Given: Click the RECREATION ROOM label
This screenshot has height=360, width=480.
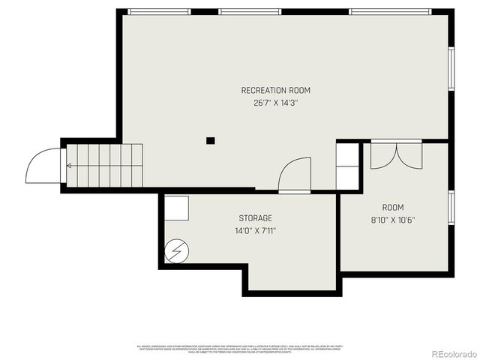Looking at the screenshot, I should pyautogui.click(x=275, y=91).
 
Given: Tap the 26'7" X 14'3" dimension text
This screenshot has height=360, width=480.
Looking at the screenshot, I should pyautogui.click(x=275, y=103).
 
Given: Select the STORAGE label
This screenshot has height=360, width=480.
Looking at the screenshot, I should pyautogui.click(x=255, y=218).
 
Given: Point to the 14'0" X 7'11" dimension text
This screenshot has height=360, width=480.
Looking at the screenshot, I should pyautogui.click(x=255, y=231).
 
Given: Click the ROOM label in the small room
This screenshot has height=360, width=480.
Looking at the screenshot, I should pyautogui.click(x=392, y=208).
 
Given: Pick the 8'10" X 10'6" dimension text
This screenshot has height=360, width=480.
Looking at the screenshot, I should pyautogui.click(x=392, y=220).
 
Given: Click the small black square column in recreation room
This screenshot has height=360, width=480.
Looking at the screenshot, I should pyautogui.click(x=211, y=140).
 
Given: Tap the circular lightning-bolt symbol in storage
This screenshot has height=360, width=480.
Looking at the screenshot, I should pyautogui.click(x=176, y=250).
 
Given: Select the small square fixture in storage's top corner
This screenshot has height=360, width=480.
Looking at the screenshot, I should pyautogui.click(x=177, y=207).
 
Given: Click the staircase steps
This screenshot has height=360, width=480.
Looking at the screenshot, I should pyautogui.click(x=105, y=165).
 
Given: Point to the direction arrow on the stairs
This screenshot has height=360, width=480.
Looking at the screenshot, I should pyautogui.click(x=70, y=165).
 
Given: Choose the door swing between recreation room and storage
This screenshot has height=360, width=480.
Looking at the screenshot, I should pyautogui.click(x=295, y=176).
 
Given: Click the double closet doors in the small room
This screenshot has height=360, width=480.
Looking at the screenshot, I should pyautogui.click(x=397, y=155).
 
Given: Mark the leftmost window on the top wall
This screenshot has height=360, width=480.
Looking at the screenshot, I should pyautogui.click(x=159, y=11).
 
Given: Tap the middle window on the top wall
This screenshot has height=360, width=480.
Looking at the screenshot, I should pyautogui.click(x=250, y=11).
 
